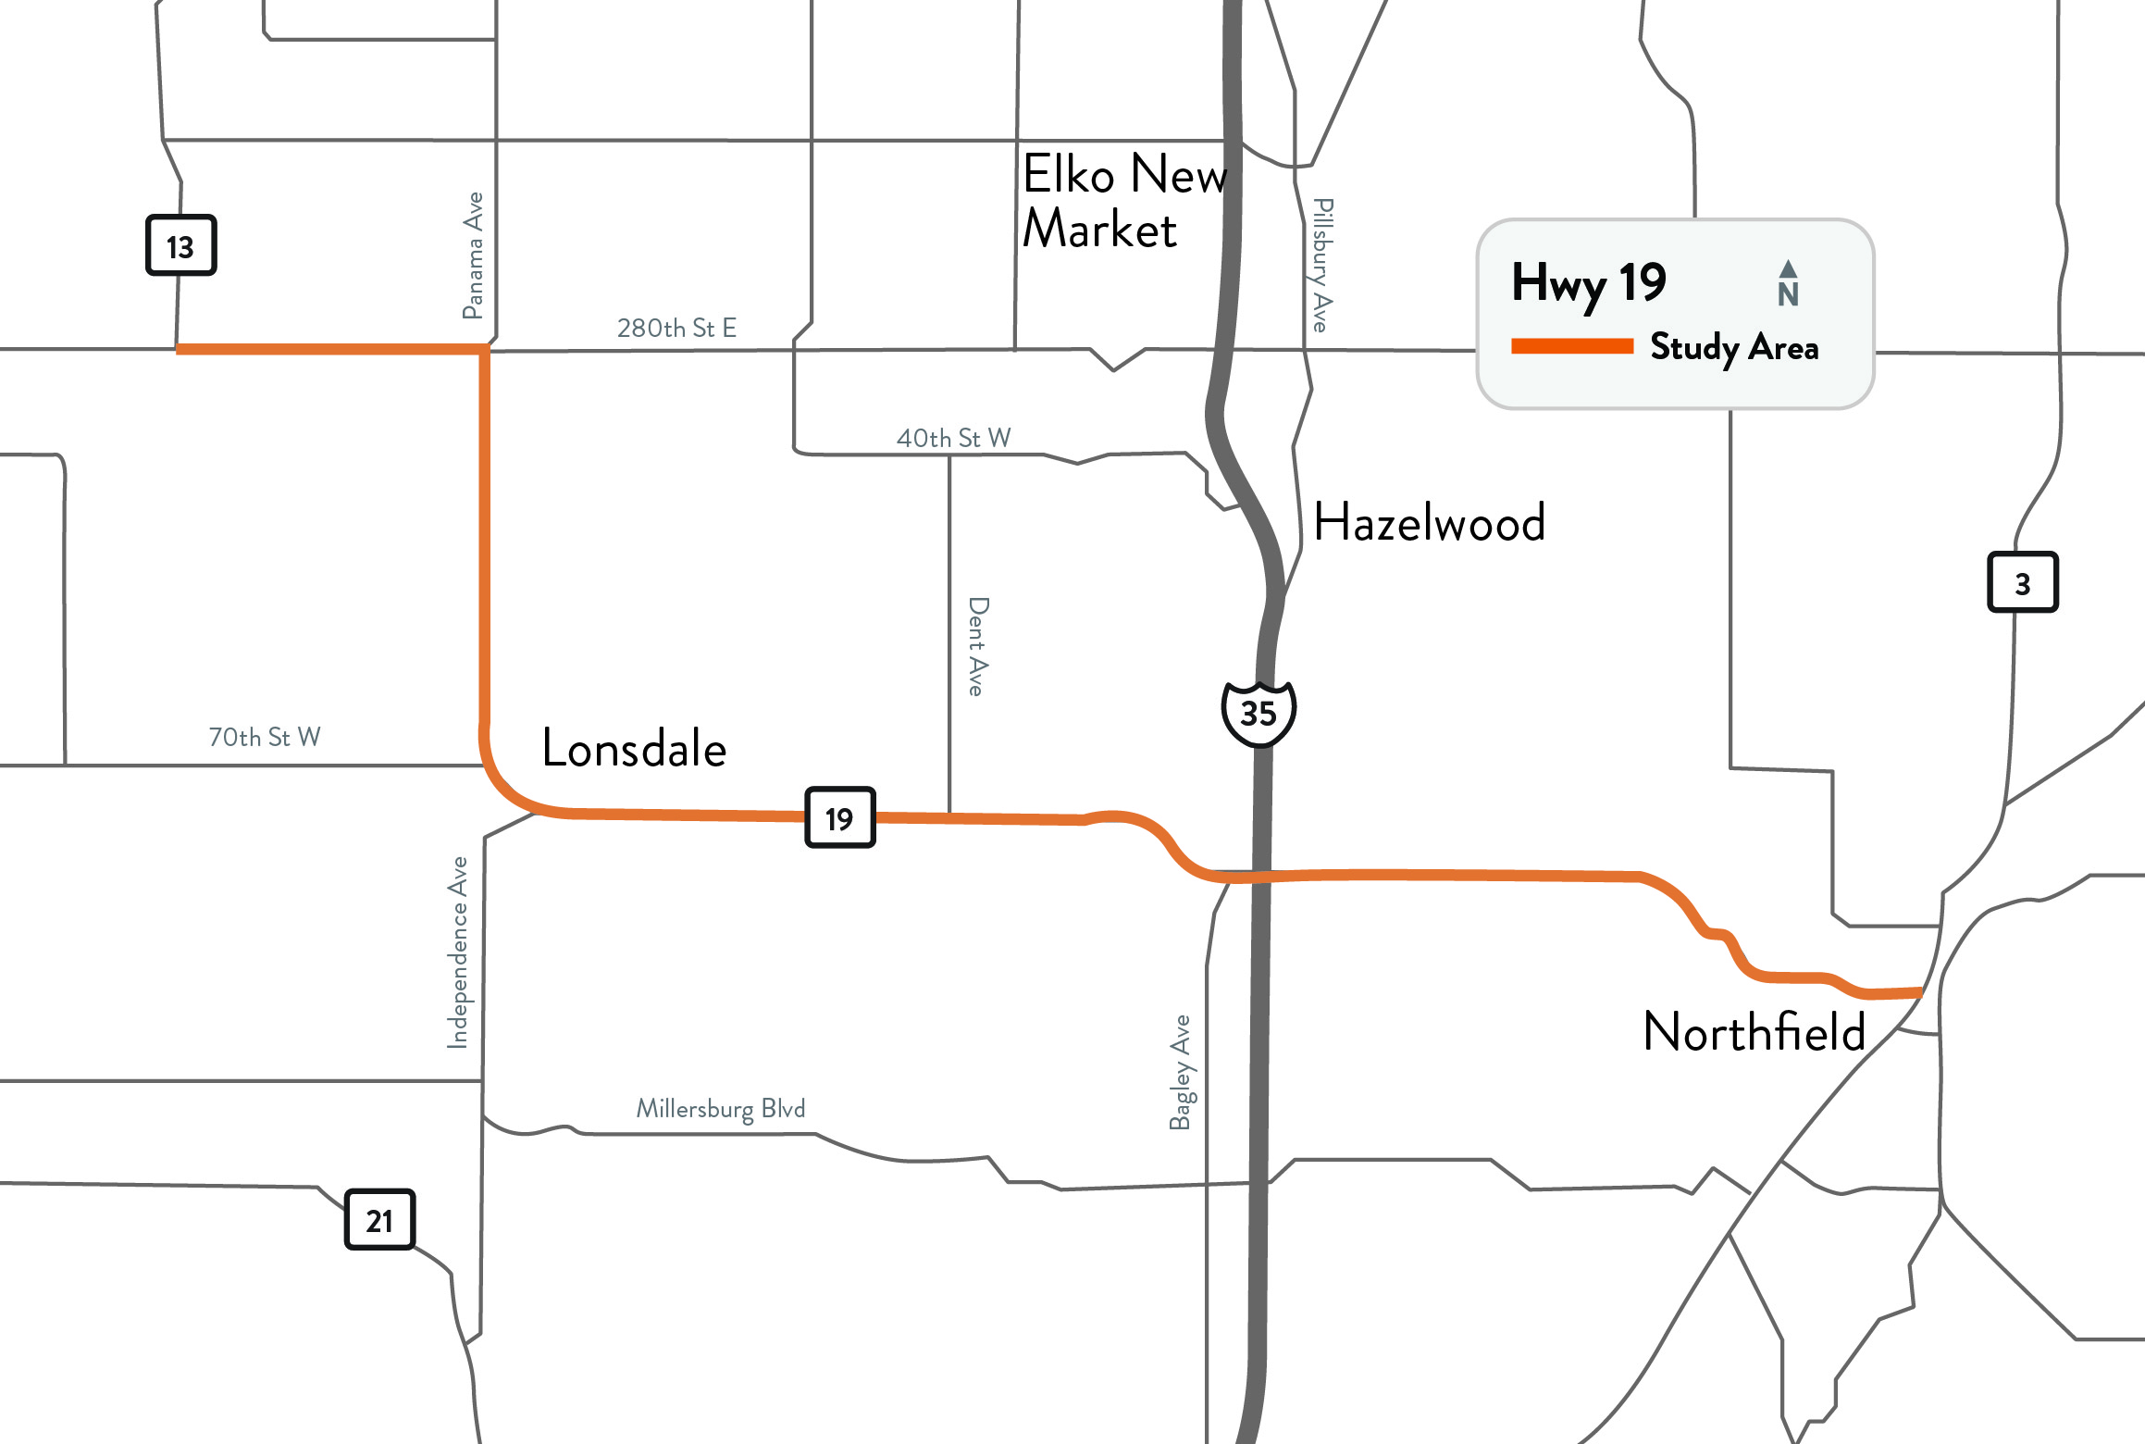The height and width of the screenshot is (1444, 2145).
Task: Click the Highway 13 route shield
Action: (x=181, y=245)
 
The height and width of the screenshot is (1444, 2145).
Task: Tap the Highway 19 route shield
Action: (x=840, y=817)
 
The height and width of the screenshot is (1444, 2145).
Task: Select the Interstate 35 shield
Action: (x=1258, y=713)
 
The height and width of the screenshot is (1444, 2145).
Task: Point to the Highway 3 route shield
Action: (x=2022, y=582)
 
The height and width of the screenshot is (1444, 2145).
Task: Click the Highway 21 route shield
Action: (x=379, y=1220)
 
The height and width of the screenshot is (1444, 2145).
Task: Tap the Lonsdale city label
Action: (x=634, y=749)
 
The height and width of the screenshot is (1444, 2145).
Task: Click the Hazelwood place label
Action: (x=1429, y=522)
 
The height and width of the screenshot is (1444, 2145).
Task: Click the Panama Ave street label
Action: (x=473, y=255)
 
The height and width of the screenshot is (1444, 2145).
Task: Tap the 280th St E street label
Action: (x=676, y=328)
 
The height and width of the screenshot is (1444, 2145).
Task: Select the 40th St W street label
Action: (x=953, y=438)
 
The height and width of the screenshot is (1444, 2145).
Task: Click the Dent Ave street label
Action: (x=977, y=646)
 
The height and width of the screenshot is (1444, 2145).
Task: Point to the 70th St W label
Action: (x=265, y=737)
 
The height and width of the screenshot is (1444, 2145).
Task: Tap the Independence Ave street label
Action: (x=457, y=952)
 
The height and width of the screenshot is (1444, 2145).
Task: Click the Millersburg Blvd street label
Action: (x=721, y=1108)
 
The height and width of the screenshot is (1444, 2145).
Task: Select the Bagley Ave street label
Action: (x=1180, y=1072)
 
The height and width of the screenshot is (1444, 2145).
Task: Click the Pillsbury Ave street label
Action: (x=1322, y=265)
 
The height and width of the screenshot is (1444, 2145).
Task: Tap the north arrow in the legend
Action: (x=1788, y=282)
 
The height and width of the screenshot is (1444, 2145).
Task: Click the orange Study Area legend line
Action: (x=1571, y=346)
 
